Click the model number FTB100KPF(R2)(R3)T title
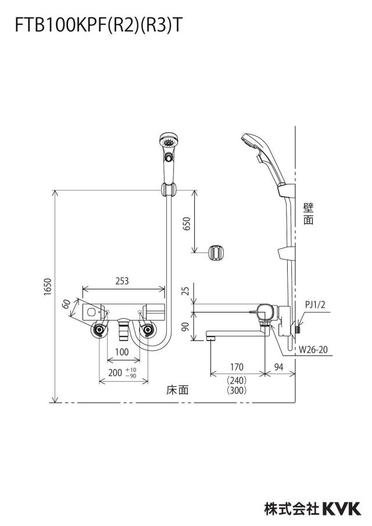tap(99, 26)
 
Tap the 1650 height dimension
tap(48, 287)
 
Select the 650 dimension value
tap(187, 223)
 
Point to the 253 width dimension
tap(122, 281)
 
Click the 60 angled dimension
tap(67, 304)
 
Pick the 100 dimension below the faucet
tap(121, 352)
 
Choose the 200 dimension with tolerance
tap(122, 373)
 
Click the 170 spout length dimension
tap(237, 367)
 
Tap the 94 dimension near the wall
tap(279, 367)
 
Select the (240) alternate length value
tap(237, 381)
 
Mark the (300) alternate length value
tap(237, 390)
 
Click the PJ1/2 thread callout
tap(315, 304)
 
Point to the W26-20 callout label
tap(313, 350)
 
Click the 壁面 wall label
tap(309, 214)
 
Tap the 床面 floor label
tap(178, 390)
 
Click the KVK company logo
tap(342, 509)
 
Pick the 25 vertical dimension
tap(187, 290)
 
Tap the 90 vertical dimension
tap(187, 326)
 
